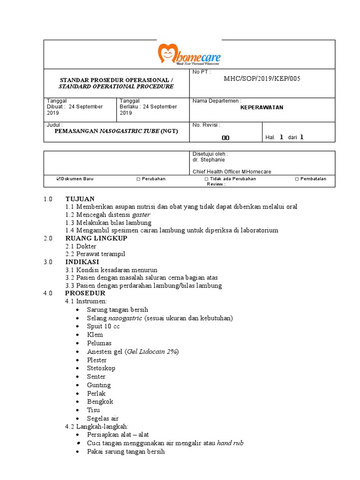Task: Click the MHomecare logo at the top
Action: click(x=189, y=55)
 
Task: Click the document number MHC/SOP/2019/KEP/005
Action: click(x=262, y=78)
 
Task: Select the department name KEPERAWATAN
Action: click(x=262, y=107)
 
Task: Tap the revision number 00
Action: click(x=225, y=138)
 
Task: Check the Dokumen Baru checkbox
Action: click(x=59, y=179)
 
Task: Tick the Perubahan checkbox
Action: click(x=138, y=179)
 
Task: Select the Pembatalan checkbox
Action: click(x=297, y=179)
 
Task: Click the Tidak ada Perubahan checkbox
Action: click(x=206, y=179)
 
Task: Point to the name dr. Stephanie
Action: click(x=209, y=159)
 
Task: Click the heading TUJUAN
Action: click(x=80, y=199)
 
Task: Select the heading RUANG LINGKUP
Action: click(x=96, y=238)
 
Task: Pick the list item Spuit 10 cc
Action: click(x=103, y=326)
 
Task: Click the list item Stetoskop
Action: click(x=101, y=368)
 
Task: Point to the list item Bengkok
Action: click(x=100, y=402)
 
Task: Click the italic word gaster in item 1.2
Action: click(x=141, y=215)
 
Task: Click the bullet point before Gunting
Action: click(x=78, y=385)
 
